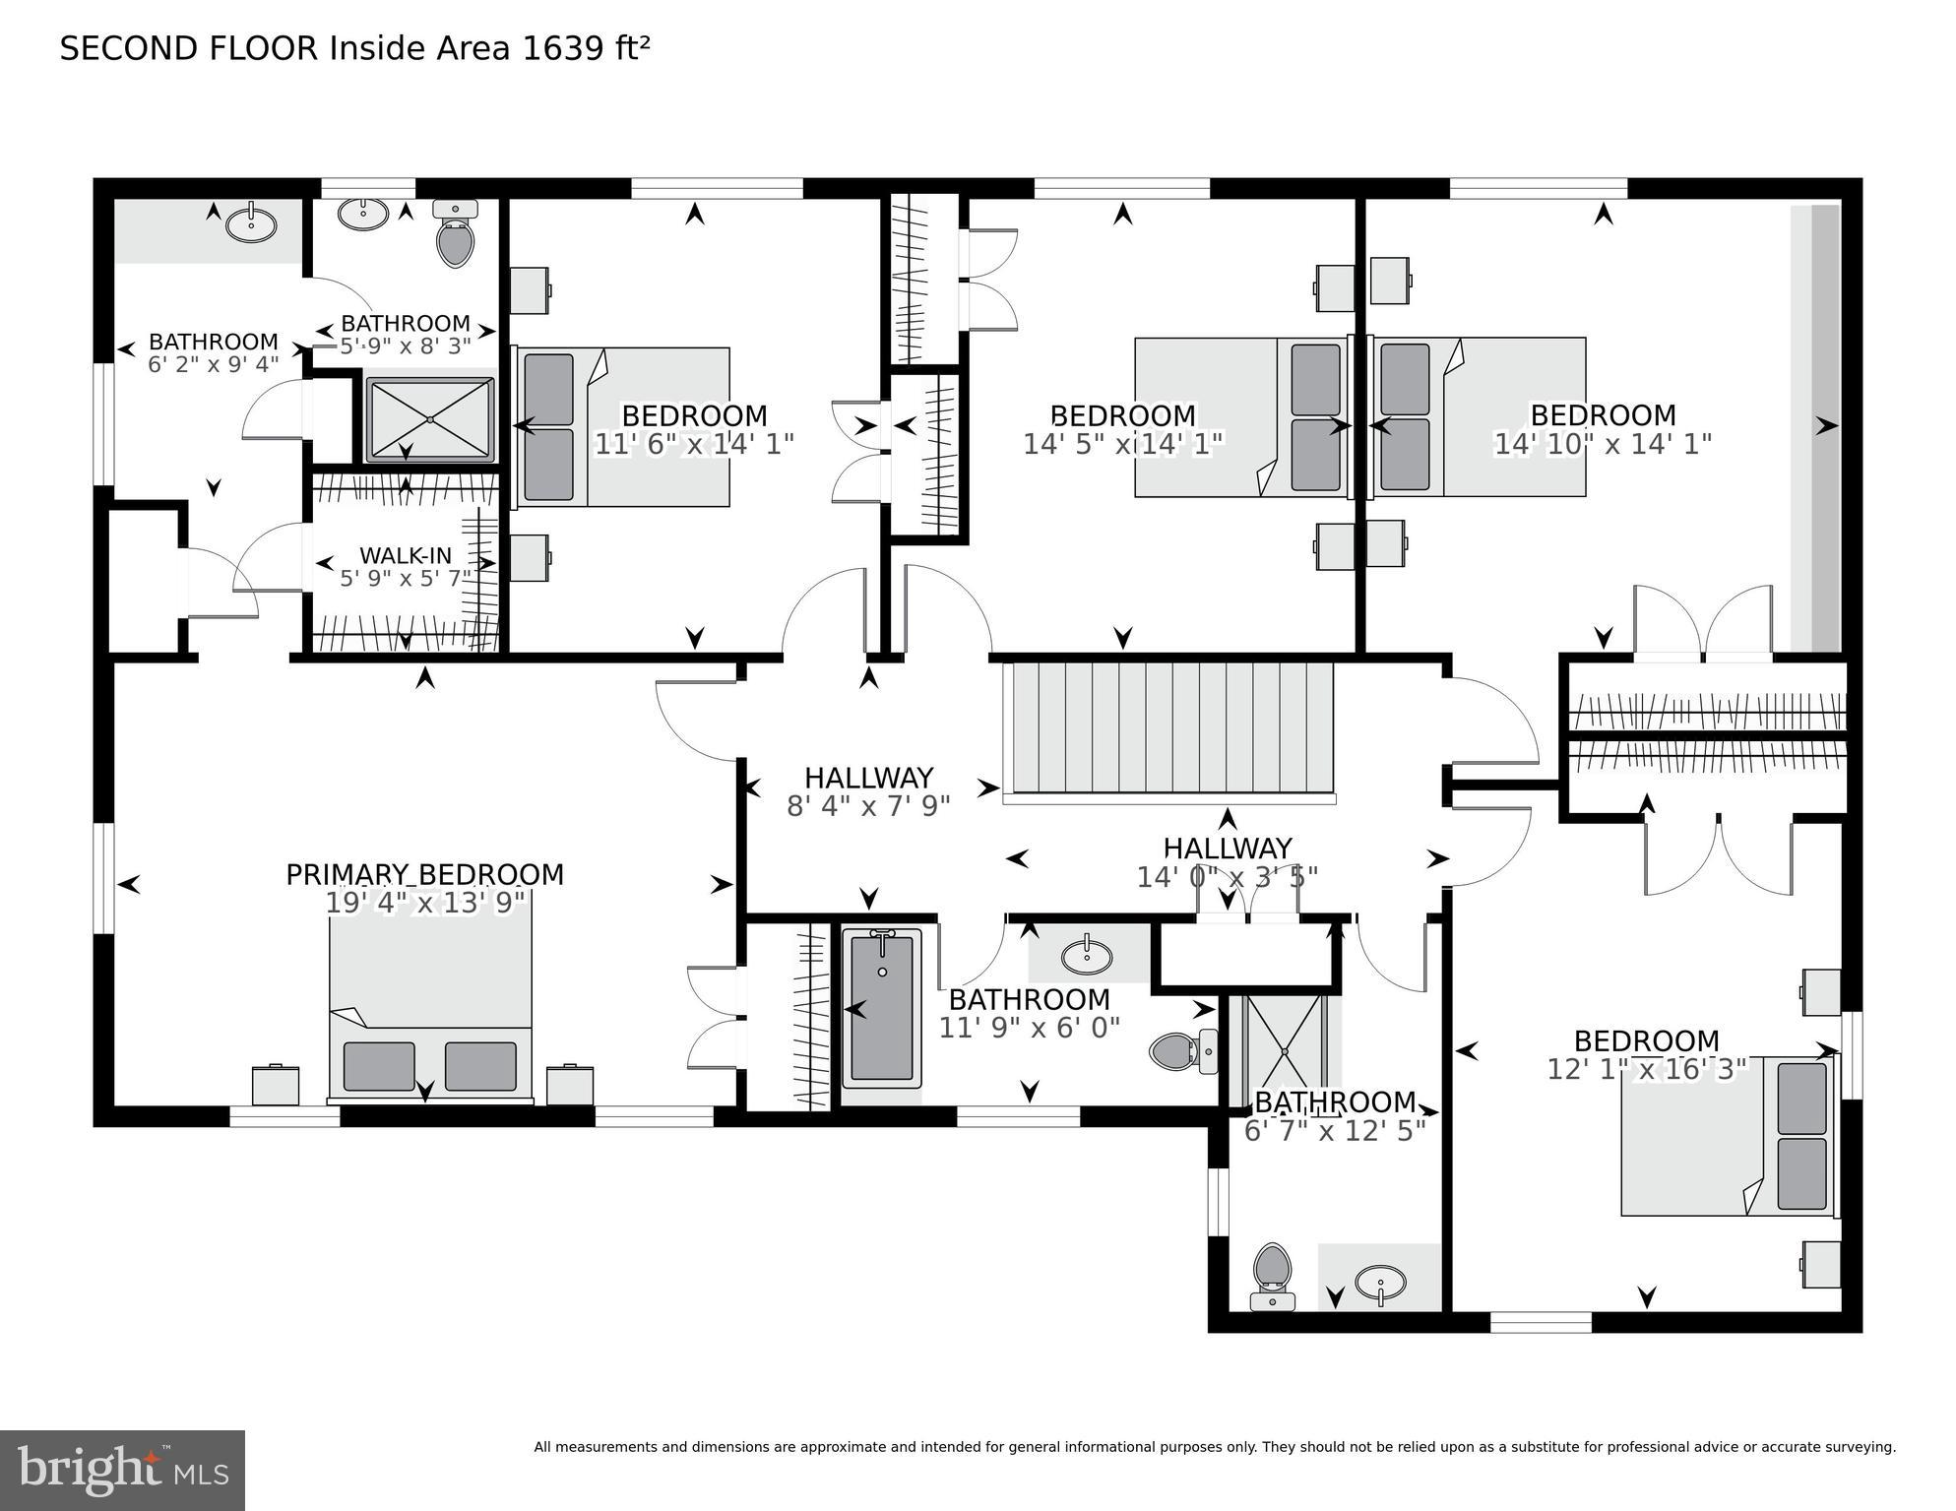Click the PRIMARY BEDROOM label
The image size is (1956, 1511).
(424, 874)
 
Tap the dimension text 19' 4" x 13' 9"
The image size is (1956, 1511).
(424, 903)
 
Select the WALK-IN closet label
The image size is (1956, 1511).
(405, 555)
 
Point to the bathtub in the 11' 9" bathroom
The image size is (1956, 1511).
(882, 1009)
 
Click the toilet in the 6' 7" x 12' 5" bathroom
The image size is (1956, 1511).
(1272, 1275)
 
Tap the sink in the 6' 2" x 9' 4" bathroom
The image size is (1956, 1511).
(252, 223)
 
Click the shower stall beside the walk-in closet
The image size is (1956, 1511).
(430, 419)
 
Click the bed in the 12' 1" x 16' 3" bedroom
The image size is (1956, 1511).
(1728, 1136)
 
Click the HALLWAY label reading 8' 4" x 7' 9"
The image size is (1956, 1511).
(868, 778)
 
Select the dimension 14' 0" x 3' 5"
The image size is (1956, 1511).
(1227, 876)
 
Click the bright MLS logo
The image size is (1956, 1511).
(122, 1470)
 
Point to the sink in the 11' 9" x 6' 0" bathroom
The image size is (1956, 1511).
(1087, 955)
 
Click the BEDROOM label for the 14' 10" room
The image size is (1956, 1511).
(1603, 415)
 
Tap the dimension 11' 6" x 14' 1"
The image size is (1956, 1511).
(694, 444)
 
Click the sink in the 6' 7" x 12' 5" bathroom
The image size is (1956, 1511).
(1380, 1283)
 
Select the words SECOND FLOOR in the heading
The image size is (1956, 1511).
(189, 48)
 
